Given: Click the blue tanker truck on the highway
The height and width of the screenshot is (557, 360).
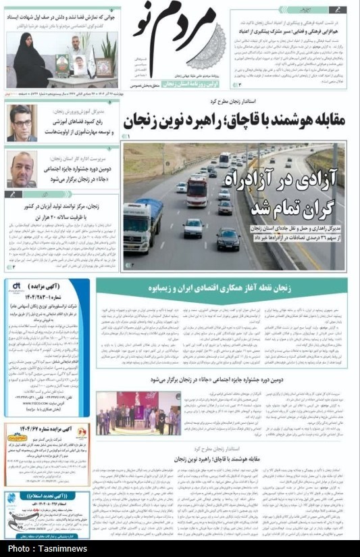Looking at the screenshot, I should [x=143, y=224].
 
